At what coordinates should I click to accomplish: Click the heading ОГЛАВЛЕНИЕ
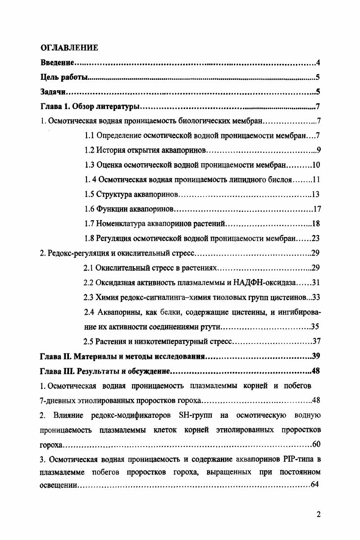[x=69, y=47]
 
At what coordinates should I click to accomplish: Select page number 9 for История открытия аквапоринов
[x=318, y=150]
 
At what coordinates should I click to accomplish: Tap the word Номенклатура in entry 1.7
[x=123, y=224]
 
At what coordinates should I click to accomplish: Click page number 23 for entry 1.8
[x=315, y=238]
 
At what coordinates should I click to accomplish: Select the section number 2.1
[x=89, y=268]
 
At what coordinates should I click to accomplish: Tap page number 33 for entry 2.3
[x=315, y=297]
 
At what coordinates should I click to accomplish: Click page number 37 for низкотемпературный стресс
[x=315, y=341]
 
